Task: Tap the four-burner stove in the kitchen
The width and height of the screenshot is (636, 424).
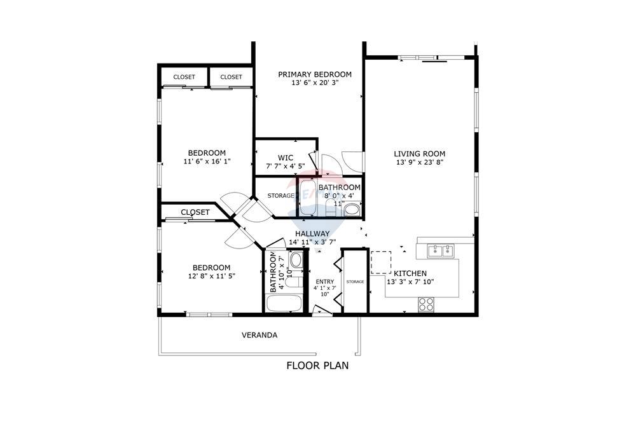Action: [x=425, y=305]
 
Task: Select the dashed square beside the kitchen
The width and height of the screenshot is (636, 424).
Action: [x=380, y=262]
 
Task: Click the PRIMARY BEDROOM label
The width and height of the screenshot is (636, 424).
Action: [x=314, y=74]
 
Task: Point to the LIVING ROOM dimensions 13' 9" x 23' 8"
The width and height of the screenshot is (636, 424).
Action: [x=419, y=162]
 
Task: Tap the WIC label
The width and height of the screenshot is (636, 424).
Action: [x=285, y=158]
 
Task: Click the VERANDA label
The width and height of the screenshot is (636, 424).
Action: [x=259, y=335]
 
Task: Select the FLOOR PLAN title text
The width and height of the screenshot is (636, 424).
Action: [x=317, y=366]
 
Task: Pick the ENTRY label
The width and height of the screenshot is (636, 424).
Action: [x=324, y=282]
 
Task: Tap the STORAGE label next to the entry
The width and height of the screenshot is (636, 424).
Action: [x=356, y=282]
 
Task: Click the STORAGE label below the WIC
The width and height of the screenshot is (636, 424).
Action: [x=280, y=196]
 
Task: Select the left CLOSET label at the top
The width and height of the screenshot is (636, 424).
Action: [x=184, y=77]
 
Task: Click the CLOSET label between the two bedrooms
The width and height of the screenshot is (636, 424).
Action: [x=195, y=212]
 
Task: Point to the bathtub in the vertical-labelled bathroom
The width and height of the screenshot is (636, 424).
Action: [x=284, y=303]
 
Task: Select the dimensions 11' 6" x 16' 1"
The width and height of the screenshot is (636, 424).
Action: [x=206, y=161]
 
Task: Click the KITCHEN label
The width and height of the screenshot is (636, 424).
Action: [x=410, y=273]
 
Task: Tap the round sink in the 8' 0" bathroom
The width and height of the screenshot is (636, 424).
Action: [x=352, y=210]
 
